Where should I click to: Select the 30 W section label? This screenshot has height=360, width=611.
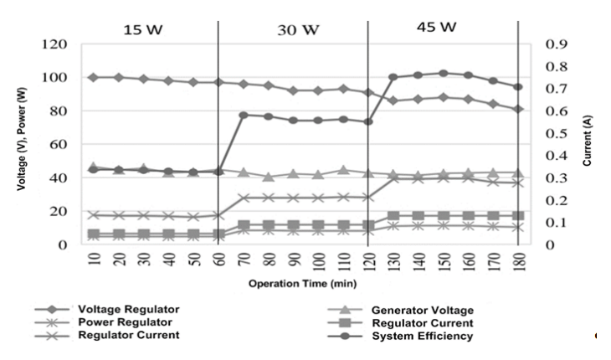click(x=298, y=30)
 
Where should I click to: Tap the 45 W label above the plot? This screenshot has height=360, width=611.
click(x=437, y=27)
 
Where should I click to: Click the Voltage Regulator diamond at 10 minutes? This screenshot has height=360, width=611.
click(x=93, y=77)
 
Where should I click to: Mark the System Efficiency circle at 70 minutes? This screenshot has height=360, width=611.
click(x=243, y=115)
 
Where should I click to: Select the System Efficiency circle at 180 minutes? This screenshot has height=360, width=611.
click(x=518, y=87)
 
